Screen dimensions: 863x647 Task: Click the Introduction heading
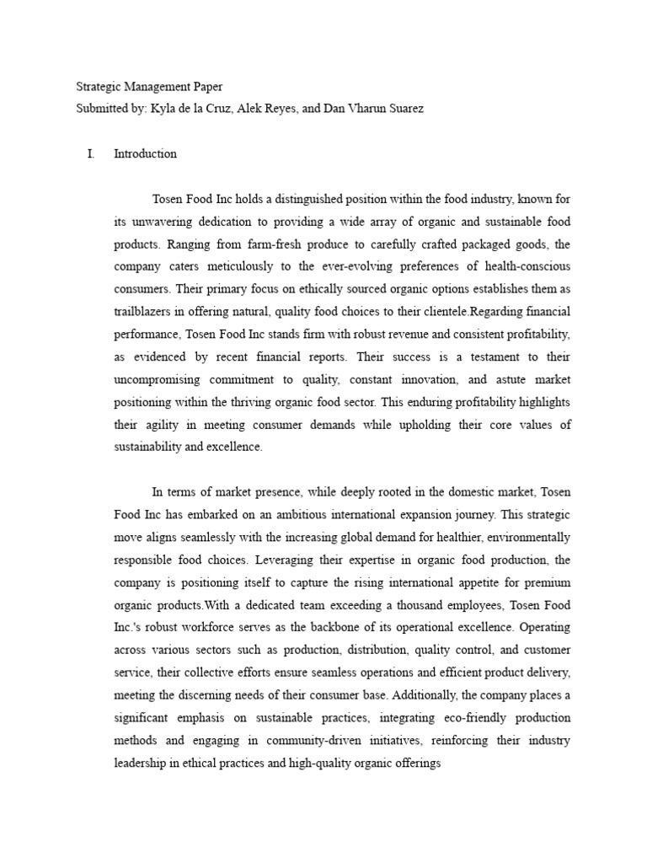(x=145, y=154)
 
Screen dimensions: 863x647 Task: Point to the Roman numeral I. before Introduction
(x=90, y=154)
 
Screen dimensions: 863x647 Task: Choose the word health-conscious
(x=520, y=266)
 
